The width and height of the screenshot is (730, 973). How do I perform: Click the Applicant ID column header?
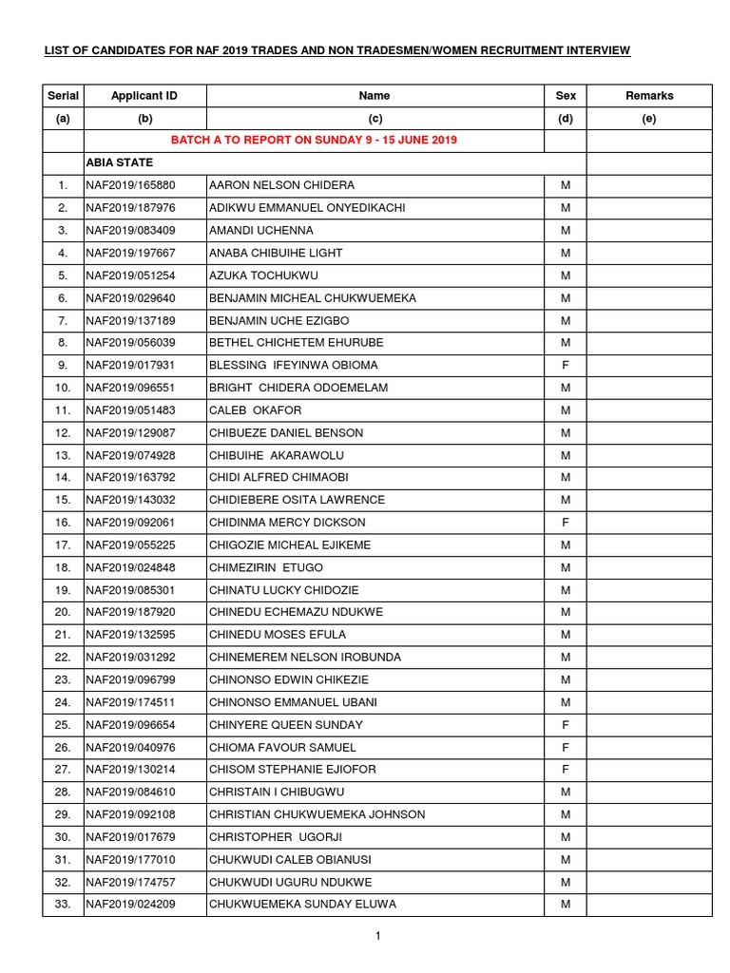(x=144, y=96)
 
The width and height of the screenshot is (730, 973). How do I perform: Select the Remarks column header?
(x=649, y=96)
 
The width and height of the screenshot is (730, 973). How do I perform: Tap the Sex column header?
(x=565, y=96)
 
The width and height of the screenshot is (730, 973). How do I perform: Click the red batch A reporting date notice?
(x=314, y=141)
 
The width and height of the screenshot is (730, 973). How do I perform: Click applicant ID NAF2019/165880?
(x=130, y=185)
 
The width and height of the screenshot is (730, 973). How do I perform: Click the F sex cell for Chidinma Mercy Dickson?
(x=565, y=523)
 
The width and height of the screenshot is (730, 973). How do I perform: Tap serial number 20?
(x=63, y=612)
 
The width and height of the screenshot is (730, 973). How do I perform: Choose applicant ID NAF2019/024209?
(x=130, y=904)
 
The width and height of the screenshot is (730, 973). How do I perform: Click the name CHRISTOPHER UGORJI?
(x=275, y=837)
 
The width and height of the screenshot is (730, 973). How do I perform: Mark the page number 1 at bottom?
(x=377, y=937)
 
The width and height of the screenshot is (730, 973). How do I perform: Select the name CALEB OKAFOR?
(x=255, y=410)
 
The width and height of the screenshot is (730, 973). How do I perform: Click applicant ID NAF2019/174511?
(x=130, y=702)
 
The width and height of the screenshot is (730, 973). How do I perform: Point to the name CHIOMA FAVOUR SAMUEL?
(x=282, y=748)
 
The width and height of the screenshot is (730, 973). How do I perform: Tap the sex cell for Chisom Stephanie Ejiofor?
(x=565, y=770)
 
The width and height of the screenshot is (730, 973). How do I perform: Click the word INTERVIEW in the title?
(x=593, y=49)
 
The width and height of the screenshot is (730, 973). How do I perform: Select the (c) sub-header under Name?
(x=375, y=119)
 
